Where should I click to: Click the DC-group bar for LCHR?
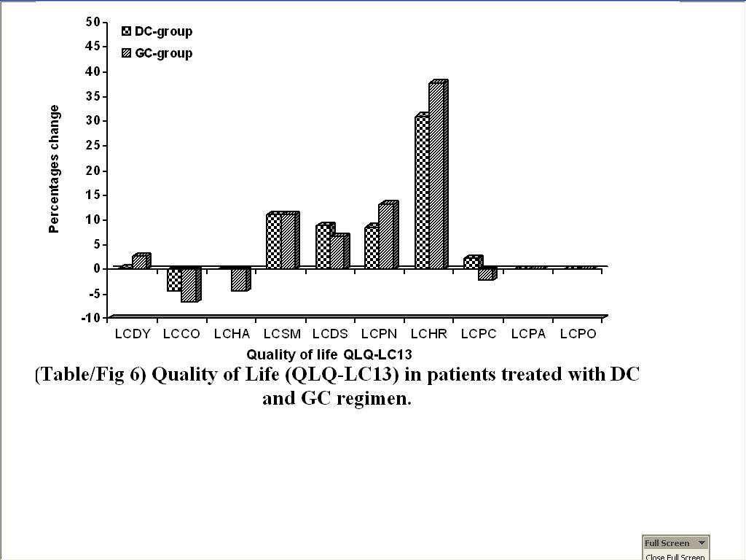point(422,192)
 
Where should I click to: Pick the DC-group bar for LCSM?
point(273,241)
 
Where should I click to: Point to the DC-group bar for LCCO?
point(174,280)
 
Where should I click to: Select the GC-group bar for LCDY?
point(139,262)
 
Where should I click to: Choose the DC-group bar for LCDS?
point(323,247)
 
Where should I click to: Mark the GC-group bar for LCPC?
point(484,274)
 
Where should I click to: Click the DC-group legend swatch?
point(127,31)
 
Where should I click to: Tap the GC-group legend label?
point(164,53)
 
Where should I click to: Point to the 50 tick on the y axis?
point(93,22)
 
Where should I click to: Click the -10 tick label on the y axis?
point(90,318)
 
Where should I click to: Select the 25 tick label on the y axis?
point(93,145)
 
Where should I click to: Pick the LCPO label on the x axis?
point(578,334)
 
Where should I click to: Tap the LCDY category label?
point(133,334)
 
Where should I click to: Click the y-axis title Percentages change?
point(54,169)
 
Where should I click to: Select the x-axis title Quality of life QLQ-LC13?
point(329,355)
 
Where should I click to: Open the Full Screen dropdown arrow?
point(702,542)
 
